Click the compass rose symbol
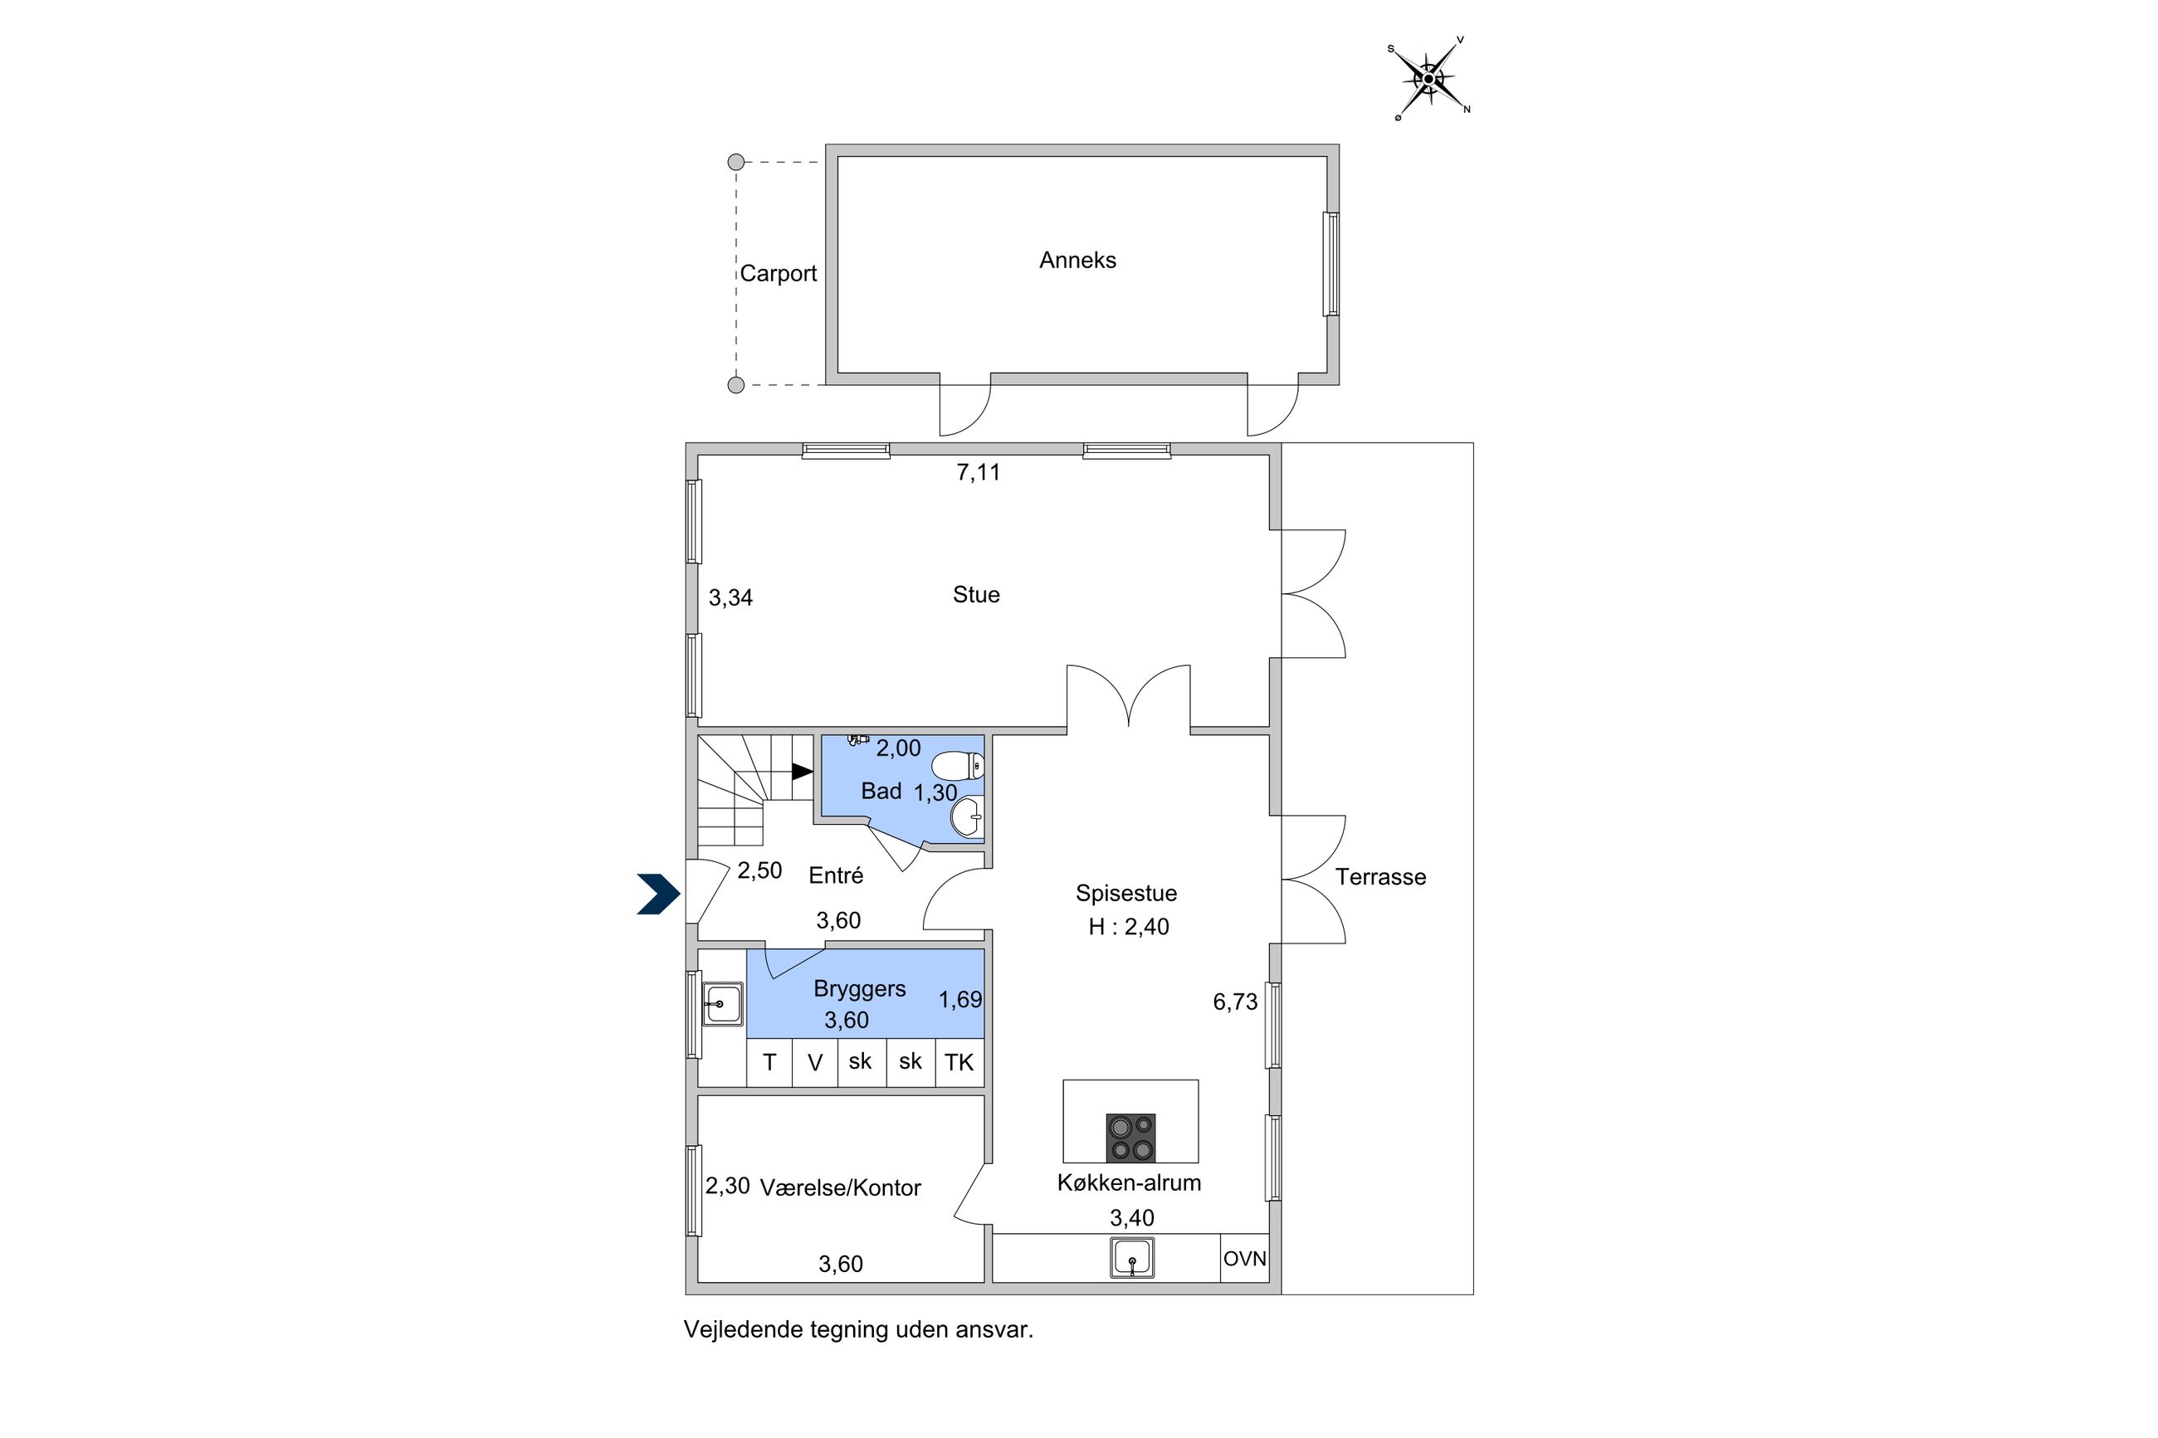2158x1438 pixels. coord(1428,79)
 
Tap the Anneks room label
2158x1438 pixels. coord(1077,261)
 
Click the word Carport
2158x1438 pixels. coord(778,273)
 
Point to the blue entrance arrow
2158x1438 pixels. coord(658,894)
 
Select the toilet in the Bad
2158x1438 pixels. coord(959,765)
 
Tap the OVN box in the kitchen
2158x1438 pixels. coord(1243,1258)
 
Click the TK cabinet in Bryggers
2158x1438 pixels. coord(959,1062)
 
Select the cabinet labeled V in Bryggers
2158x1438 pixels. coord(814,1062)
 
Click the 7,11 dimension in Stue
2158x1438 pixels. coord(978,472)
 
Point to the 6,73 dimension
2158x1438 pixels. coord(1234,1002)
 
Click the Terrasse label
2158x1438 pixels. coord(1379,877)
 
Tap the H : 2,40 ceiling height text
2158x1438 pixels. coord(1128,926)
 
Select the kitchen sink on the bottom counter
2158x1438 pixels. coord(1132,1257)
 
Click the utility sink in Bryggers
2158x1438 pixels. coord(723,1003)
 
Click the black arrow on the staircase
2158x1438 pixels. coord(802,771)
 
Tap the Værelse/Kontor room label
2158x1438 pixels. coord(840,1187)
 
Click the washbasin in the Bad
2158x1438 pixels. coord(968,816)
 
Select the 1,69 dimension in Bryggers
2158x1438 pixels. coord(959,1000)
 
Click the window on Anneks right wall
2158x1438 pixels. coord(1330,264)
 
